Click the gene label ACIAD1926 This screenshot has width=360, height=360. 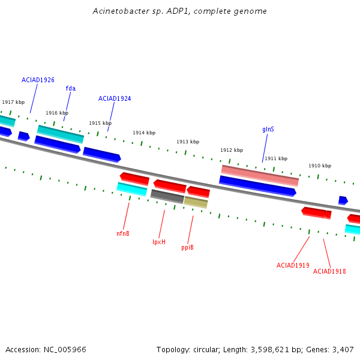38,80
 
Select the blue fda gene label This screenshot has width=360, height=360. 71,88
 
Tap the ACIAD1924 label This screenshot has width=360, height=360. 115,98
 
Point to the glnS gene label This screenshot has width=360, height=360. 268,130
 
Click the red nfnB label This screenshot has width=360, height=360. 123,233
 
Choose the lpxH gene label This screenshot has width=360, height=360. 159,242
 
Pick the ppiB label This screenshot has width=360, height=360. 187,247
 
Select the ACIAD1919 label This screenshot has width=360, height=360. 293,265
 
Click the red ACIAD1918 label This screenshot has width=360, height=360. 329,271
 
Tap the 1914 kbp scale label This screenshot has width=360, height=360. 144,133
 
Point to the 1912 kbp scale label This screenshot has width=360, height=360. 232,150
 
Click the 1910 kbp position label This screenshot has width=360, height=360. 320,166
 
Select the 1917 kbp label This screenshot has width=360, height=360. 13,102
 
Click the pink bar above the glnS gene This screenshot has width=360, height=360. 260,176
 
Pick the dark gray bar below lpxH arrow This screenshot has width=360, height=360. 167,197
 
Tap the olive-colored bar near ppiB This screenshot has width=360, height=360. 196,202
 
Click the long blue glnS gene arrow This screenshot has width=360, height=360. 257,186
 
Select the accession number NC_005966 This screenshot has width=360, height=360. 65,350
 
